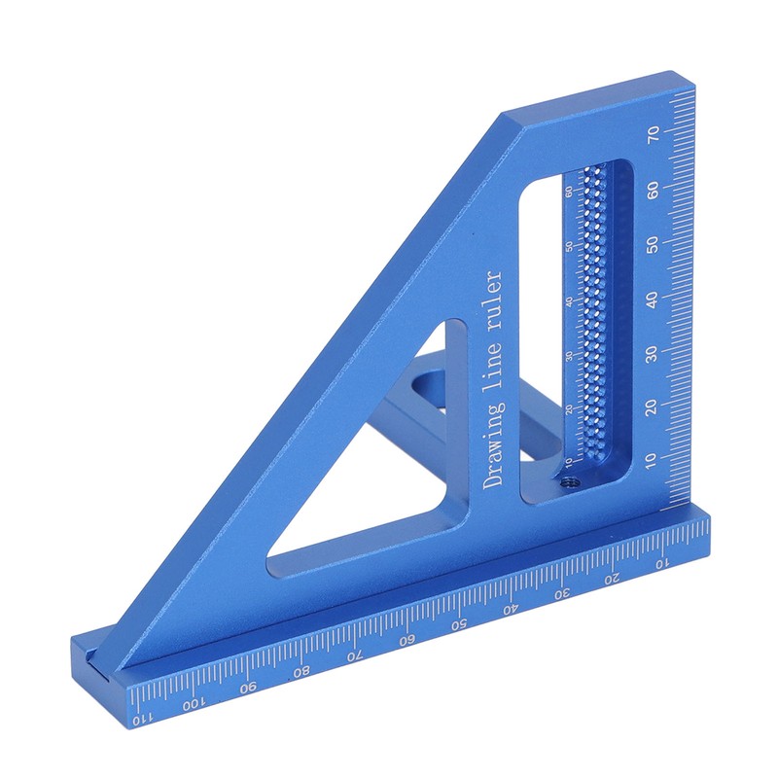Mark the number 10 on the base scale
tap(661, 563)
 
